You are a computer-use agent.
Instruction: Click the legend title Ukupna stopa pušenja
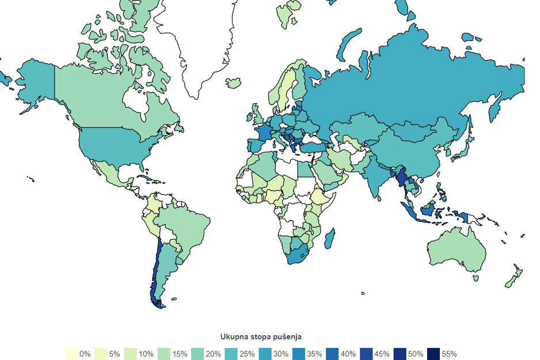(261, 336)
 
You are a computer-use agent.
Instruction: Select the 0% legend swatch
(71, 354)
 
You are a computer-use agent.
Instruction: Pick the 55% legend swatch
(433, 354)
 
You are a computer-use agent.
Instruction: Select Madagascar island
(330, 238)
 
